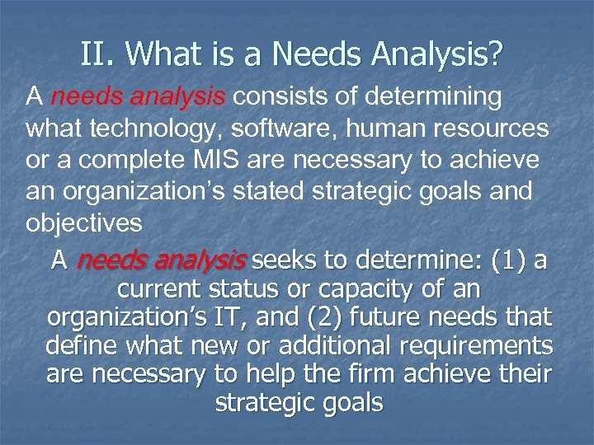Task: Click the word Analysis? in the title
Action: click(447, 56)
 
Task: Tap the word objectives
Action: click(84, 223)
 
